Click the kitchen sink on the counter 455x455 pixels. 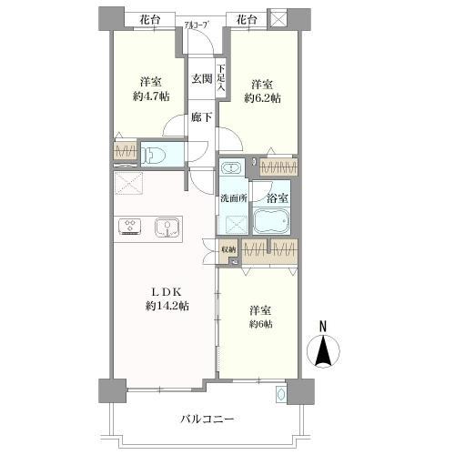pyautogui.click(x=164, y=227)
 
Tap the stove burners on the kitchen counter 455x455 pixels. pyautogui.click(x=128, y=227)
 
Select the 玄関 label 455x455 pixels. pyautogui.click(x=202, y=78)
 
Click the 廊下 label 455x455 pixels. pyautogui.click(x=202, y=117)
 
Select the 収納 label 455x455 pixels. pyautogui.click(x=227, y=248)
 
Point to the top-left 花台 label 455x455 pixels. pyautogui.click(x=150, y=18)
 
